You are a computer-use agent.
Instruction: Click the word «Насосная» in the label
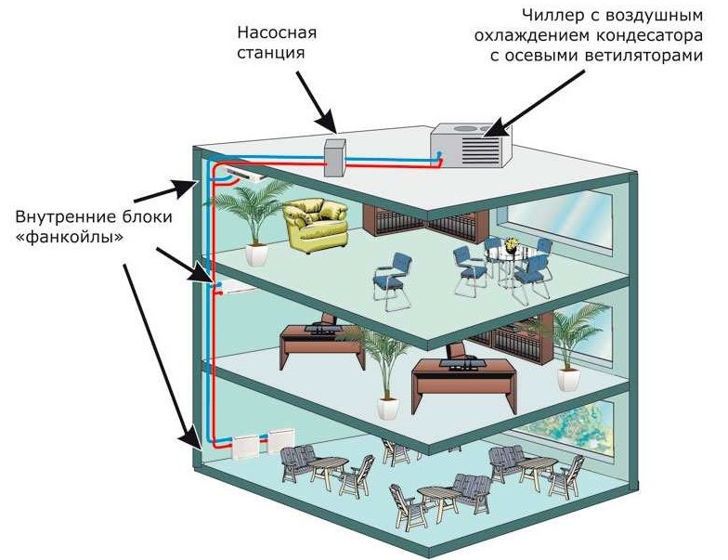click(x=276, y=33)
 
